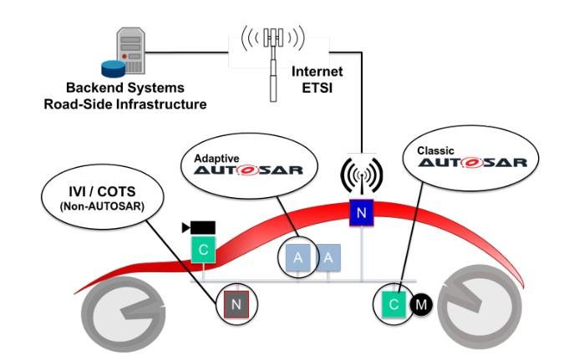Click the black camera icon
point(201,226)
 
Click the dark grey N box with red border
point(235,305)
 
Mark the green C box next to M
point(392,302)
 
